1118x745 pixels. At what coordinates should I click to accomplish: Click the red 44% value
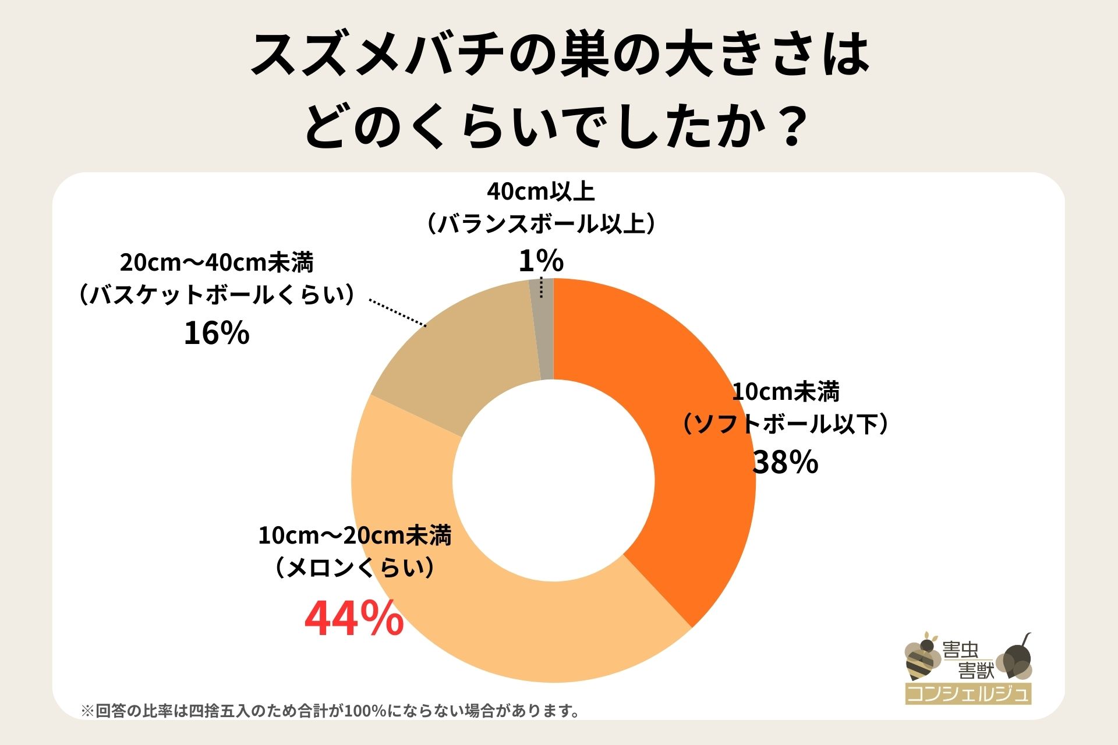tap(354, 619)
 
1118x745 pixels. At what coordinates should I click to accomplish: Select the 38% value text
tap(786, 463)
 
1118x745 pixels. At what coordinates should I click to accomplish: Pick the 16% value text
tap(217, 334)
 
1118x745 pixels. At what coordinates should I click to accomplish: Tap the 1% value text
tap(541, 260)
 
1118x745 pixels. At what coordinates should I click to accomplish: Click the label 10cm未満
tap(786, 392)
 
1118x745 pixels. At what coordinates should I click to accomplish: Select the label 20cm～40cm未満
tap(217, 263)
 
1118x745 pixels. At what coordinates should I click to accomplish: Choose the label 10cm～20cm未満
tap(355, 535)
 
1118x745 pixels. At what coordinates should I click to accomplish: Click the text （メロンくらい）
tap(355, 567)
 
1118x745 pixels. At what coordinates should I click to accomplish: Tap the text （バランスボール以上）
tap(541, 224)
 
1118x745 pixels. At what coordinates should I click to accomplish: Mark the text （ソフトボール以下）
tap(786, 425)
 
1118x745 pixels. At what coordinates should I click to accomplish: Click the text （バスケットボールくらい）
tap(217, 296)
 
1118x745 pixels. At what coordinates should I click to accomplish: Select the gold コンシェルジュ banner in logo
tap(968, 694)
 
